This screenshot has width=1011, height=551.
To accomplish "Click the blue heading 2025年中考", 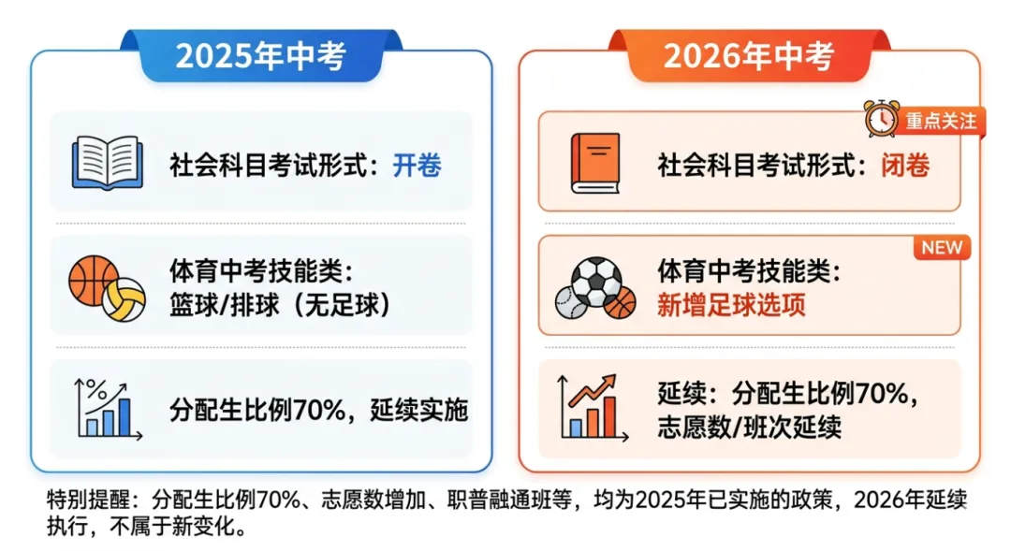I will pos(260,56).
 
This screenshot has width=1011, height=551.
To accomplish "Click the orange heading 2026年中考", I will pos(748,56).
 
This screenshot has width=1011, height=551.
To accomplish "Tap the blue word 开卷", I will pos(417,166).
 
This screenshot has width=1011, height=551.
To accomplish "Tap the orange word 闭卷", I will pos(905,166).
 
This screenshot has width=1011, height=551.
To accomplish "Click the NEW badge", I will pos(942,248).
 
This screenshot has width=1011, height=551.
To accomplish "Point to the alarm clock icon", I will pos(881,120).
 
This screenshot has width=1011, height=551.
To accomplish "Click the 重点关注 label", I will pos(940,122).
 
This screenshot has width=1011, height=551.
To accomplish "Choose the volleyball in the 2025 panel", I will pos(125,298).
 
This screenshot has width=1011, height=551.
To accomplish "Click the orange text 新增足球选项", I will pos(731,305).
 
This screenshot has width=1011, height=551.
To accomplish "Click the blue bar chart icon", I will pos(109,409).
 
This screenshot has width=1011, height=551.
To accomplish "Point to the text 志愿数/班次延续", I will pos(749,428).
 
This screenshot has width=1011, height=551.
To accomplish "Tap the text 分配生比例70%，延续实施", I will pos(318,410).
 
